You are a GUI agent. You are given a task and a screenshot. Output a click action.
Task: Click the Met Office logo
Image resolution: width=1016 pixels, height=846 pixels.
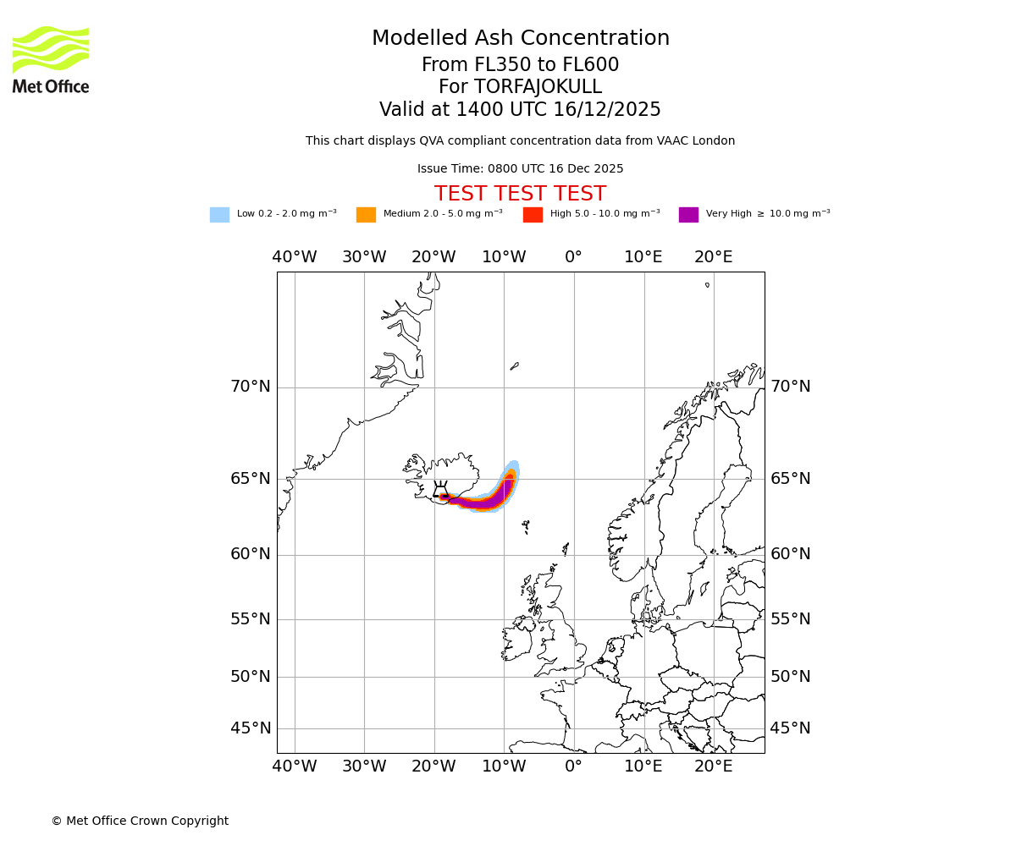[51, 59]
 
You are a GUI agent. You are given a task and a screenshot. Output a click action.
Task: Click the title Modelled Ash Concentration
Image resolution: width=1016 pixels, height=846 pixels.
[521, 39]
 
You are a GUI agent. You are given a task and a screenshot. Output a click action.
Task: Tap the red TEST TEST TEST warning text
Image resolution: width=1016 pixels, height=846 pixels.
[520, 195]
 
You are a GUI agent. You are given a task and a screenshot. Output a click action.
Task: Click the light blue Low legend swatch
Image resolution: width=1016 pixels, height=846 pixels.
[219, 215]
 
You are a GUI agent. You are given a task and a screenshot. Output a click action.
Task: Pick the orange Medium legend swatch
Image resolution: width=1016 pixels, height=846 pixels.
[366, 215]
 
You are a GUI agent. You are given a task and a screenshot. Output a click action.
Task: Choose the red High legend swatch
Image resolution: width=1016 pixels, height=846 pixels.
[533, 215]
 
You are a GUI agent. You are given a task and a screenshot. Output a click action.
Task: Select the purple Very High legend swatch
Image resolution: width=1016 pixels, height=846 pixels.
[688, 215]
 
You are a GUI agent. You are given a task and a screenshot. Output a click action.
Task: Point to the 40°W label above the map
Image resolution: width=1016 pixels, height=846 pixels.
[295, 257]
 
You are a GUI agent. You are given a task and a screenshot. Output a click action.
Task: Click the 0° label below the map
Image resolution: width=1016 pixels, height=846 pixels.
[574, 766]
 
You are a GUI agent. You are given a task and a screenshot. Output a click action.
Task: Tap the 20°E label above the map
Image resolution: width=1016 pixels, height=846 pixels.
[714, 257]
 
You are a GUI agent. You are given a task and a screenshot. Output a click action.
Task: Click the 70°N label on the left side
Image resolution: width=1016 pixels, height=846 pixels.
[251, 387]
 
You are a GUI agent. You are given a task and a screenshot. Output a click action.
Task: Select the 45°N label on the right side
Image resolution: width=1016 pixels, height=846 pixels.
[790, 728]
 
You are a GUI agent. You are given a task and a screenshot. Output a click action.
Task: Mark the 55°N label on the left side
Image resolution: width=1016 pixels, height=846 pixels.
[251, 619]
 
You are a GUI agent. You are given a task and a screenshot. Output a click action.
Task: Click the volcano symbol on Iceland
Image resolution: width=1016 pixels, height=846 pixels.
[441, 490]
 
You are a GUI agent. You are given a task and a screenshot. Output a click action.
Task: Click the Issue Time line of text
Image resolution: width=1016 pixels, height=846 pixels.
[520, 169]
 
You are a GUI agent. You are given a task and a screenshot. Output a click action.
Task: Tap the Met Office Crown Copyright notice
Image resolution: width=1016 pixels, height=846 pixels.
[140, 821]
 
